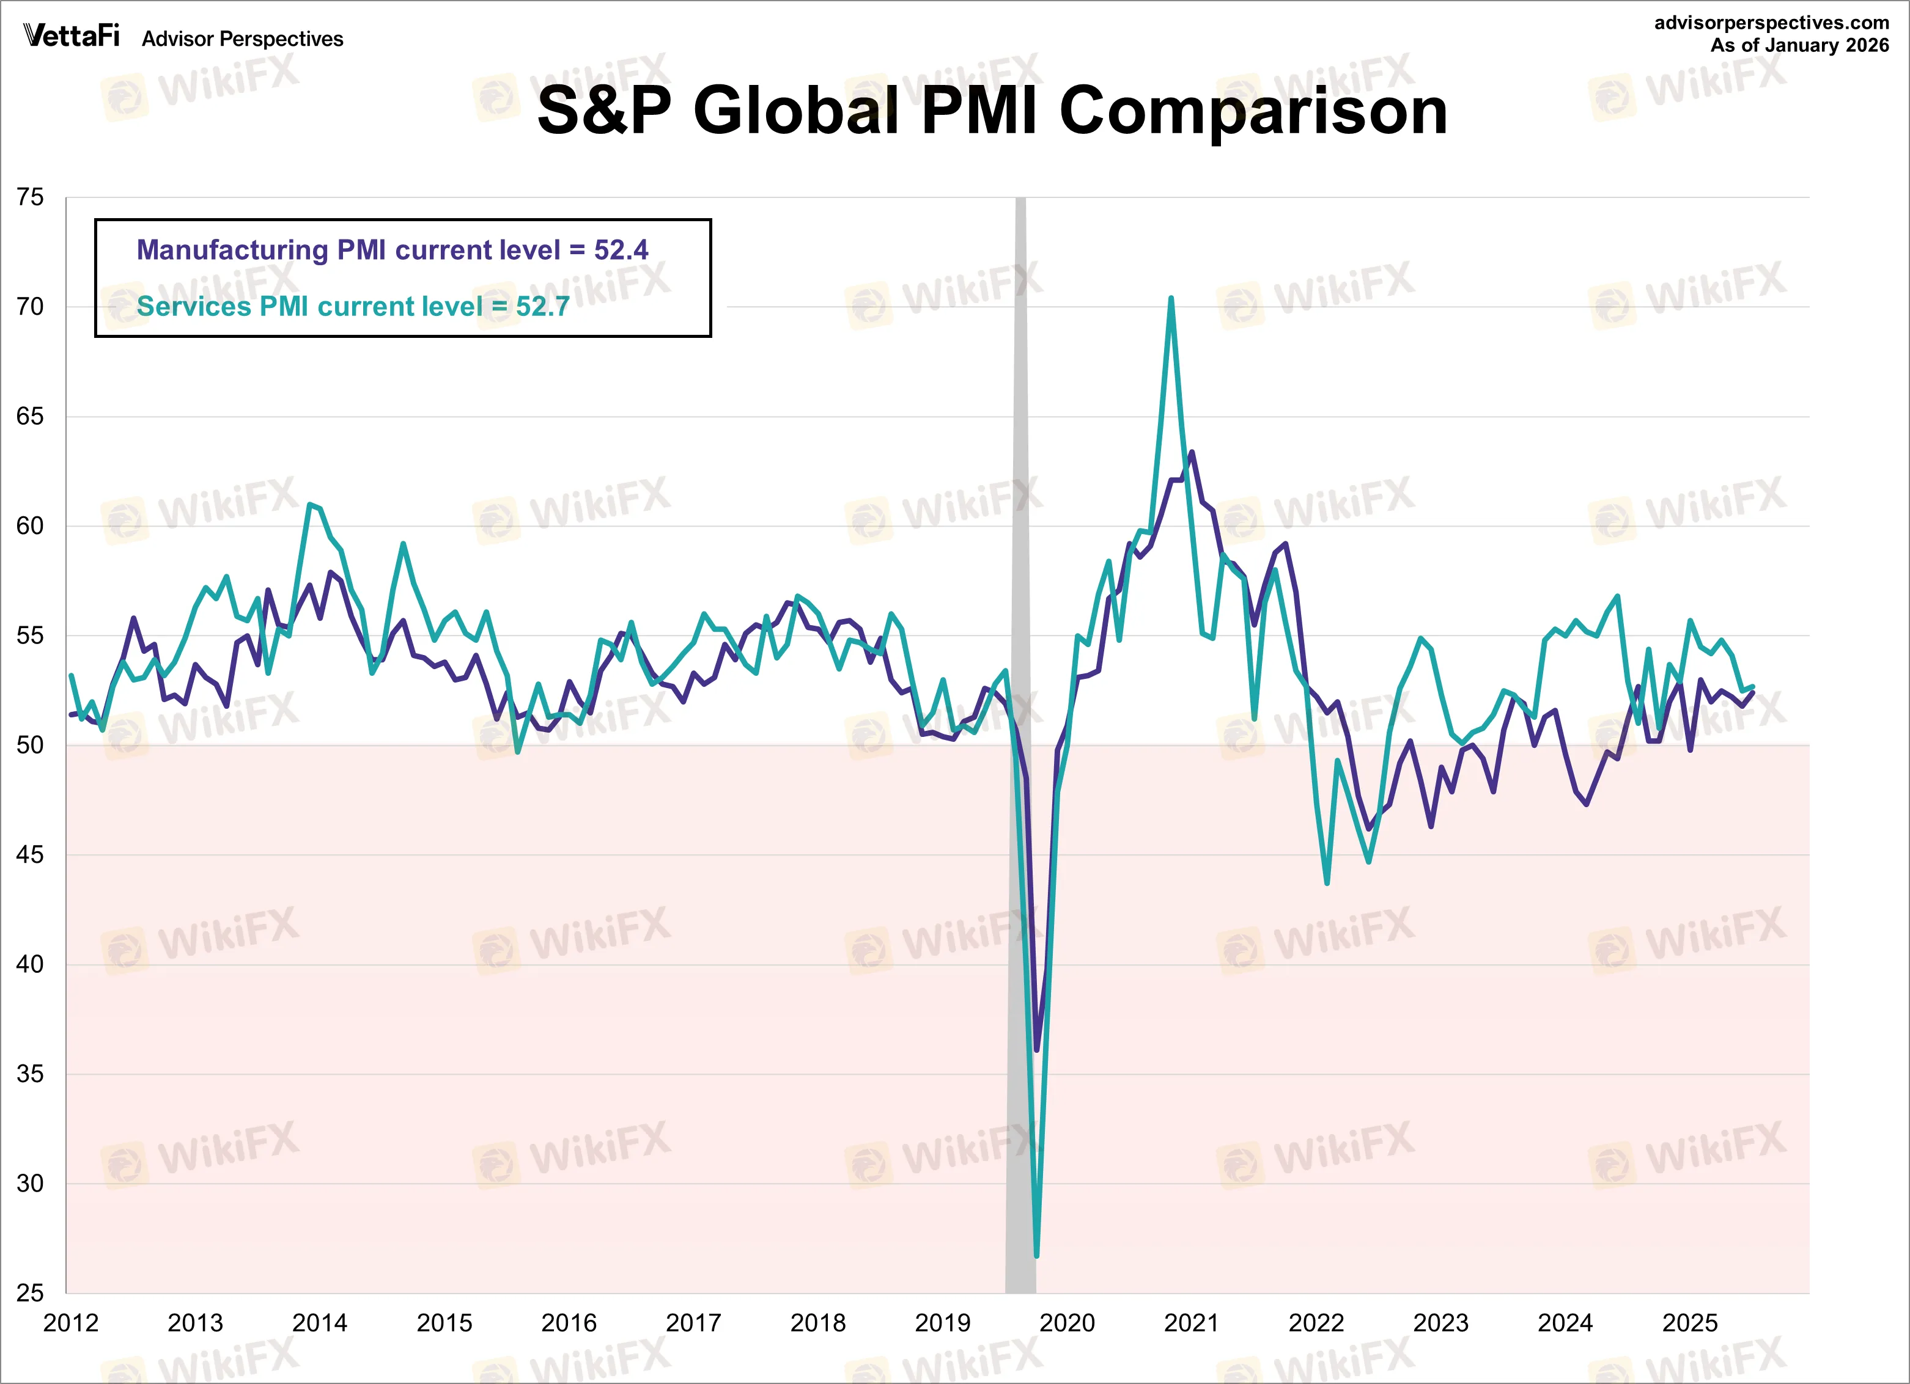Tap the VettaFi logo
[x=71, y=36]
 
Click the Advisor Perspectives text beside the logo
[x=243, y=38]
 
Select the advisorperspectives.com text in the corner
[x=1771, y=23]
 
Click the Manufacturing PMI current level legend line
[x=392, y=250]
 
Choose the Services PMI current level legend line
[x=352, y=306]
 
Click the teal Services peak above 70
[x=1171, y=299]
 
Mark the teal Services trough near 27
[x=1037, y=1254]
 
